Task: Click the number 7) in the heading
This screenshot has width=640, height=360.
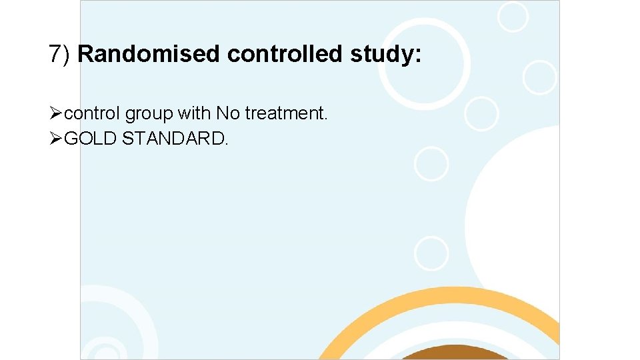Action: [61, 54]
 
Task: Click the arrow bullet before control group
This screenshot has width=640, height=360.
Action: [57, 114]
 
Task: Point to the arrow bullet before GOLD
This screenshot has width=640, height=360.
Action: [57, 139]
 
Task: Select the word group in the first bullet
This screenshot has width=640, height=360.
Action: [149, 115]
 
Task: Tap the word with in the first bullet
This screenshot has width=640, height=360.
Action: [193, 114]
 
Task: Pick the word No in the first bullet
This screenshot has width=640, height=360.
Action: [227, 114]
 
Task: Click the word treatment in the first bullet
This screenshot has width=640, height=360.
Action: [285, 114]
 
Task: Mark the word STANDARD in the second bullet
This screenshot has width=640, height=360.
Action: [175, 139]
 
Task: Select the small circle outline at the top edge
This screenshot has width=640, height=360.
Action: [513, 16]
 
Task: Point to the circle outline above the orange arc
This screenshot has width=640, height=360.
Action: [431, 254]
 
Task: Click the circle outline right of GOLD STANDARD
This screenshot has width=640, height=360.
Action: [431, 163]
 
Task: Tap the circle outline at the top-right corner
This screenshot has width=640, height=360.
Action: [539, 77]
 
